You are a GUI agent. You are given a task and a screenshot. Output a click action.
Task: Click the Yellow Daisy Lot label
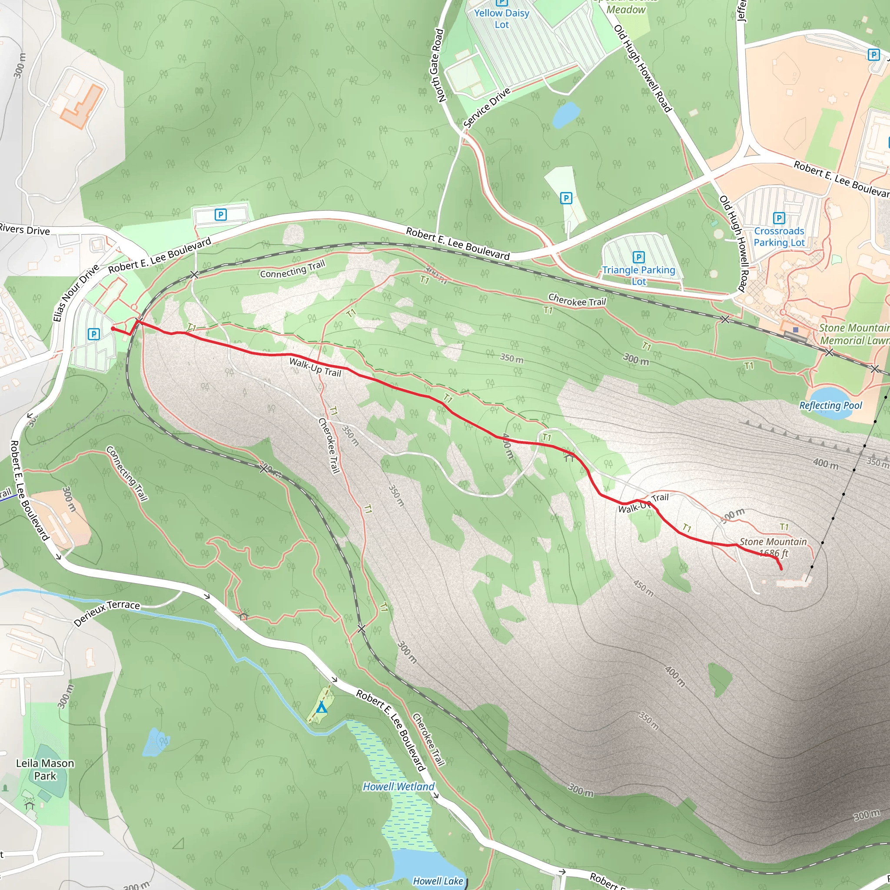click(501, 19)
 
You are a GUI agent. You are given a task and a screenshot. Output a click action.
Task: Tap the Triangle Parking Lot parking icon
click(638, 257)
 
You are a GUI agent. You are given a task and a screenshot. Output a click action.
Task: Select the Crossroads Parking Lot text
click(779, 237)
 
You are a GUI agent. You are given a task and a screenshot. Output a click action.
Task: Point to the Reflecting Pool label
click(830, 405)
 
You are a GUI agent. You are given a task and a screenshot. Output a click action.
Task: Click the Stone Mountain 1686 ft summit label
click(773, 547)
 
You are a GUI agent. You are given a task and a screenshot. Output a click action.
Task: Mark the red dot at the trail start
click(113, 329)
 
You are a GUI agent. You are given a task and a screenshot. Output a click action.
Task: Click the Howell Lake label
click(438, 881)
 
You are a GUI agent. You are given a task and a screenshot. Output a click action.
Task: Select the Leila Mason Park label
click(45, 770)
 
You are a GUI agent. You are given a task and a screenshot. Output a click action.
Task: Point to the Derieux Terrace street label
click(107, 613)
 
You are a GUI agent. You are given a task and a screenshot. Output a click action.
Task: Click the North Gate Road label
click(437, 66)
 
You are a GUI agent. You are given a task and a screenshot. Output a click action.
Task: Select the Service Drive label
click(487, 107)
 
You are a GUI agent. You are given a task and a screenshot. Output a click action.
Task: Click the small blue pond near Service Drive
click(566, 114)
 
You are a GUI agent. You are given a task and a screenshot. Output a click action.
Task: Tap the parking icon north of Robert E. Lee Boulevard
click(221, 215)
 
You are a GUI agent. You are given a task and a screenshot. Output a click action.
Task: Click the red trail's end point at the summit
click(782, 569)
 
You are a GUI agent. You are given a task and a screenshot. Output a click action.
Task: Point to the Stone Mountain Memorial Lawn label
click(853, 335)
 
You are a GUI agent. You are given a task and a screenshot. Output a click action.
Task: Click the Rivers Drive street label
click(25, 229)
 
